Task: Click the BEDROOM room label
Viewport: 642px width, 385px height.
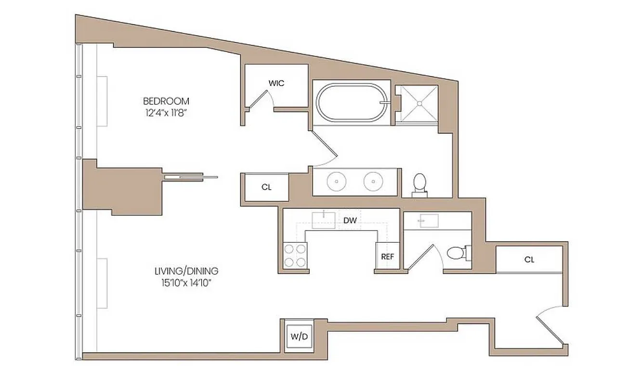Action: pyautogui.click(x=166, y=101)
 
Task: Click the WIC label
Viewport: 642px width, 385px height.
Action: pyautogui.click(x=276, y=83)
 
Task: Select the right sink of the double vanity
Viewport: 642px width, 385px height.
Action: pyautogui.click(x=373, y=181)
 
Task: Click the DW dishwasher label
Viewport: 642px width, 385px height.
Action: pyautogui.click(x=350, y=221)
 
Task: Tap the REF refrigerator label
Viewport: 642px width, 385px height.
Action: pyautogui.click(x=388, y=257)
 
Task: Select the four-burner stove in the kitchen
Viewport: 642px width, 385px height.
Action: pyautogui.click(x=295, y=256)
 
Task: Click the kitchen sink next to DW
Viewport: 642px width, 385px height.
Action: pyautogui.click(x=323, y=219)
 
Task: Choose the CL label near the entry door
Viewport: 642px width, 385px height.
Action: pyautogui.click(x=529, y=260)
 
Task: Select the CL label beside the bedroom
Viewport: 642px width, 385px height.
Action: pyautogui.click(x=266, y=187)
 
